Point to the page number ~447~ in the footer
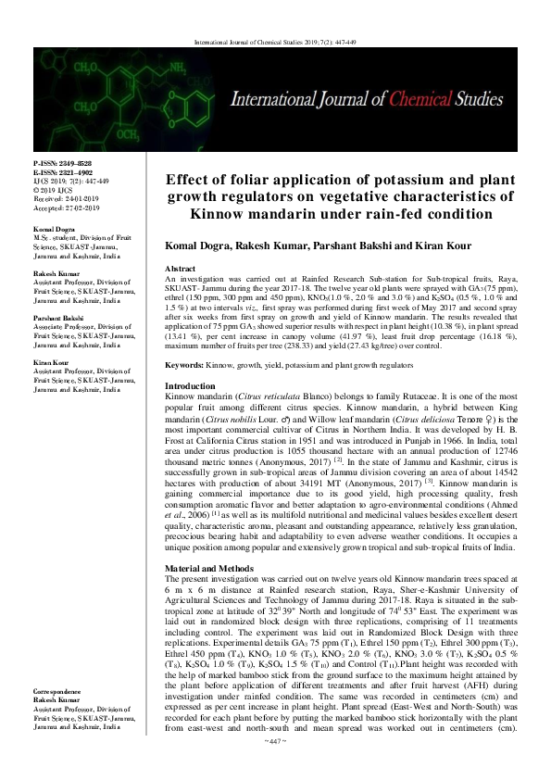(275, 768)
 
